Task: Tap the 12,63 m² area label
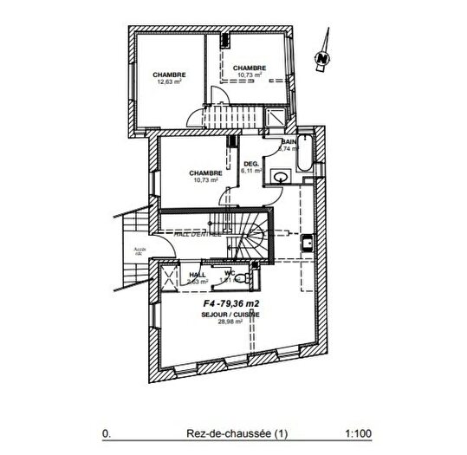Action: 169,83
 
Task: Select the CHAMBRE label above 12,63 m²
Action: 169,75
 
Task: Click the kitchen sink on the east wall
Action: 307,243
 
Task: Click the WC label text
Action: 230,273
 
